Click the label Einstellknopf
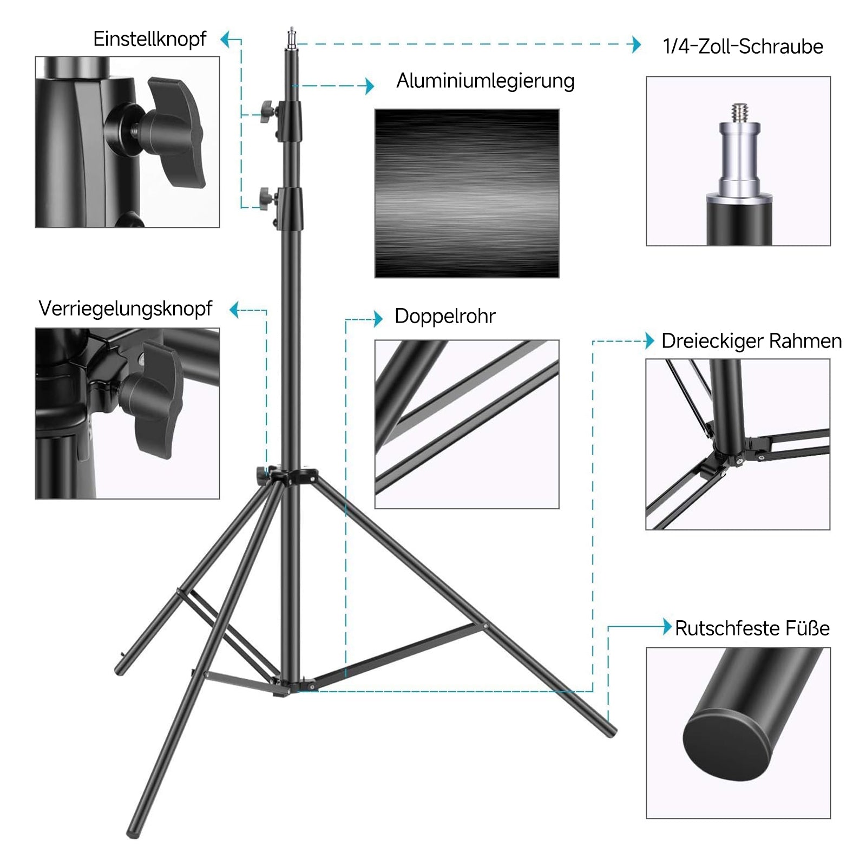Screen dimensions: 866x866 [149, 39]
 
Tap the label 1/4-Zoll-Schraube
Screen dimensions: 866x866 [743, 47]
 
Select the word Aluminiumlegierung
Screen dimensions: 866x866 [486, 81]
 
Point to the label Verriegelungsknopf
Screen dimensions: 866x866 [126, 309]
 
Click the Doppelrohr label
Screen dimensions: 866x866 [445, 316]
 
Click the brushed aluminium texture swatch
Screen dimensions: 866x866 [467, 193]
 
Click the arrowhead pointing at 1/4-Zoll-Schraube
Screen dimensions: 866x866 [637, 44]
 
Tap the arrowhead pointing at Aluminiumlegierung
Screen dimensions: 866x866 [370, 86]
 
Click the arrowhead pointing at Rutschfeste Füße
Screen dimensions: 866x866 [668, 627]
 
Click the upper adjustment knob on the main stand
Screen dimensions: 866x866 [267, 111]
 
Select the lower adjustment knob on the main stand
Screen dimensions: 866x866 [267, 200]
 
